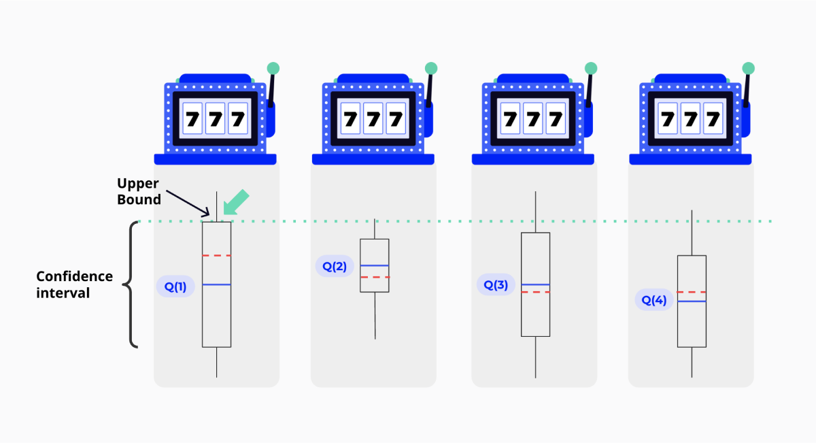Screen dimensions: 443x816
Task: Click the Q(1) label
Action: point(175,287)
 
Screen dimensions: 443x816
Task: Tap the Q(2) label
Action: point(335,266)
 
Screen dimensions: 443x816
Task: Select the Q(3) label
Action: point(496,285)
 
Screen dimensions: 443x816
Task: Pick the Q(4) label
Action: point(654,300)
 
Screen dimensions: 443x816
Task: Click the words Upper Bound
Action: point(139,191)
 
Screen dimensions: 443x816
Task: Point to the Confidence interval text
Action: point(74,284)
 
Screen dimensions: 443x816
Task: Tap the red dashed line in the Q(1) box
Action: point(216,256)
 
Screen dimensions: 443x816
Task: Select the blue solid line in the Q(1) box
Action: point(216,284)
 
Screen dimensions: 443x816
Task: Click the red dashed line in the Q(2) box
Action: point(375,278)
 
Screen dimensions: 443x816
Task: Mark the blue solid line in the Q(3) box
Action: point(535,284)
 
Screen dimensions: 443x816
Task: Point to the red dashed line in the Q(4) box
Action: point(692,292)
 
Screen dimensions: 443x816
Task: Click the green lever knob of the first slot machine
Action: point(273,68)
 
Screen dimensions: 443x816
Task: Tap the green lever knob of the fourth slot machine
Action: point(748,68)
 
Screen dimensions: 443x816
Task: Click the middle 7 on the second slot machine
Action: point(374,120)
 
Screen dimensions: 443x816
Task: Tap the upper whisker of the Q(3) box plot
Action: point(535,212)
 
